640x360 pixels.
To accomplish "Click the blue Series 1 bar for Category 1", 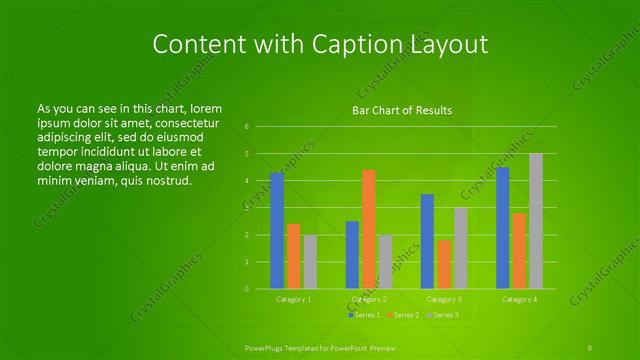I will coord(277,231).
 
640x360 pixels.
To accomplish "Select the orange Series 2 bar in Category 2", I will coord(369,229).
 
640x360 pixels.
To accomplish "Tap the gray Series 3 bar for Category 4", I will coord(536,221).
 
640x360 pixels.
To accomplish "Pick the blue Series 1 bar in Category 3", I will coord(427,241).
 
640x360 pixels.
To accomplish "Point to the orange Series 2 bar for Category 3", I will coord(444,264).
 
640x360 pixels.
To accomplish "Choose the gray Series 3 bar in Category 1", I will coord(310,262).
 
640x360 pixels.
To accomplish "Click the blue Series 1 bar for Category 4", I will coord(503,228).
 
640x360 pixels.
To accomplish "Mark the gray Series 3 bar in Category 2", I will coord(385,262).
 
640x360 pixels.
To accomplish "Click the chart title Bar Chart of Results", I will coord(402,110).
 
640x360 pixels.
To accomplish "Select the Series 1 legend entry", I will coord(364,315).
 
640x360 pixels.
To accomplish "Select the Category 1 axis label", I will coord(294,299).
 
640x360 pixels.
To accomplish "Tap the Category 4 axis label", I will coord(520,299).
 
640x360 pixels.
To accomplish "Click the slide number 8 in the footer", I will coord(591,347).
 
